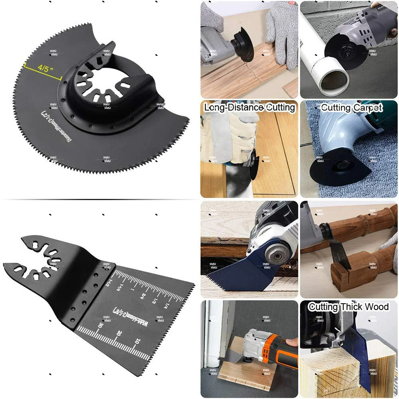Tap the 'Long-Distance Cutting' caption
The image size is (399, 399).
tap(249, 107)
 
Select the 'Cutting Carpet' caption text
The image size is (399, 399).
tap(352, 107)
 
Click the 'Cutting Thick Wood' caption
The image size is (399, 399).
tap(348, 306)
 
